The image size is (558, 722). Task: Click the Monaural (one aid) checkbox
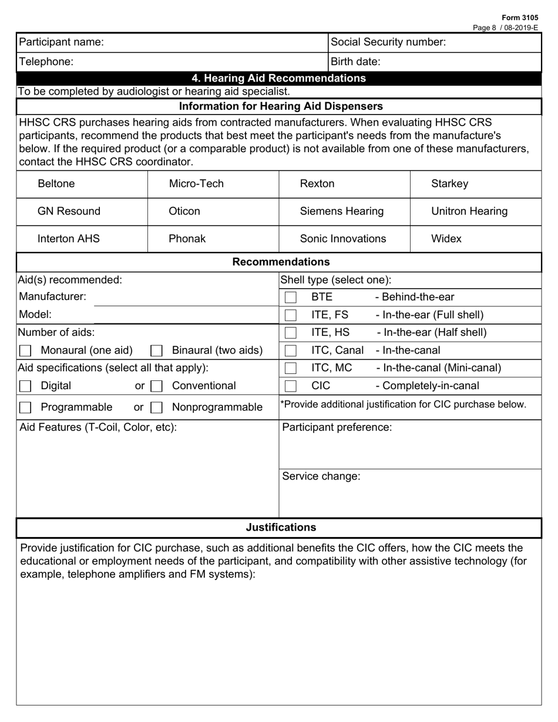[25, 351]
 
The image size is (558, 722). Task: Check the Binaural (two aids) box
[156, 351]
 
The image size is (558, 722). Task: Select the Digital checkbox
[25, 386]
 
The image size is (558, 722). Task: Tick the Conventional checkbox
[156, 386]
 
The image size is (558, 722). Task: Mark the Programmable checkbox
[25, 407]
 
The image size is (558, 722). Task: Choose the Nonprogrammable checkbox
[156, 407]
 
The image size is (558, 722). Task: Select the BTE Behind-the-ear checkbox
[290, 298]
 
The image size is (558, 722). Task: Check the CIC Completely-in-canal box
[290, 386]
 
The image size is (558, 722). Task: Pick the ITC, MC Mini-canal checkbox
[290, 369]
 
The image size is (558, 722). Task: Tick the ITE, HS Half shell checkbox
[290, 333]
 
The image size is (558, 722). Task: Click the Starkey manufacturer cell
[449, 184]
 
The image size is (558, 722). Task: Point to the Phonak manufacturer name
[187, 239]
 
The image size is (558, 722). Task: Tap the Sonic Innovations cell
[343, 239]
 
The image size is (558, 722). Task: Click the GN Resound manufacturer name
[69, 211]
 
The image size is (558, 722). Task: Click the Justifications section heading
[280, 528]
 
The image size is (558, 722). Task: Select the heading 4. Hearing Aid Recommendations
[278, 79]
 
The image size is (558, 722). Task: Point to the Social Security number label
[388, 42]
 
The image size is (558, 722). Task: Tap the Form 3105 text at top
[519, 18]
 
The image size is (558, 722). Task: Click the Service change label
[321, 477]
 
